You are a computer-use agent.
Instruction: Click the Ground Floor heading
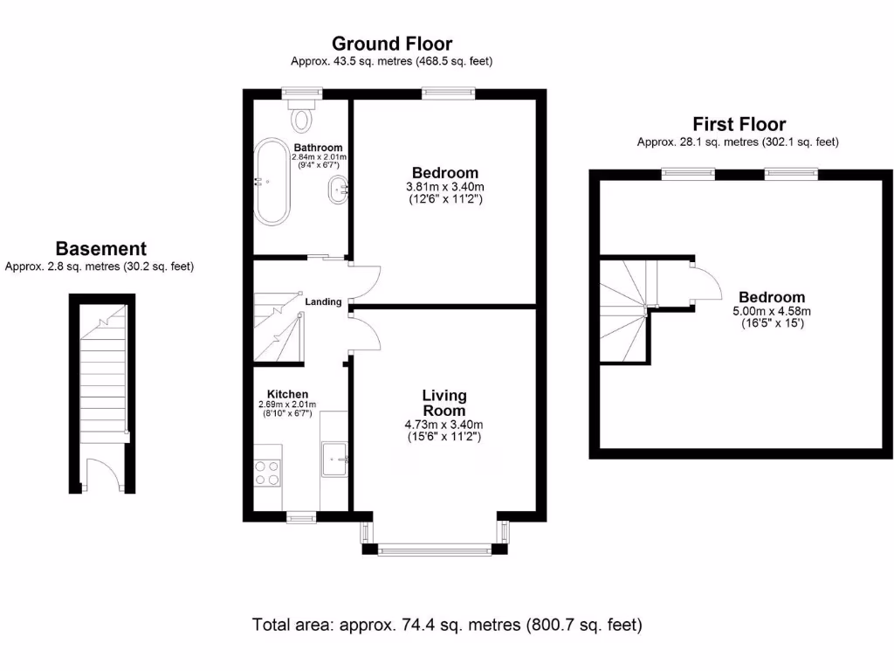point(392,44)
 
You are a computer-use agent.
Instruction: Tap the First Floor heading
point(739,124)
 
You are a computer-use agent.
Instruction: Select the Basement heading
point(100,249)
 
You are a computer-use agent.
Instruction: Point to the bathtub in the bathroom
point(269,181)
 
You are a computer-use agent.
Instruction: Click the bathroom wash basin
point(339,190)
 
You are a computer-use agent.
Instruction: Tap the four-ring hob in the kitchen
point(267,472)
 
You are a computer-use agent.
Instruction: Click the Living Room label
point(444,403)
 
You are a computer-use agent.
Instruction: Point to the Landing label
point(323,301)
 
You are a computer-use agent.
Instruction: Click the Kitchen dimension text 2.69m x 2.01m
point(287,405)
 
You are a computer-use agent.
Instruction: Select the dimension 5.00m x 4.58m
point(771,311)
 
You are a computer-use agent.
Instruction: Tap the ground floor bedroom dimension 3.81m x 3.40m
point(444,186)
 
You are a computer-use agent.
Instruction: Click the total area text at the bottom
point(447,625)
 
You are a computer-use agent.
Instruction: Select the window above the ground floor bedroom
point(449,91)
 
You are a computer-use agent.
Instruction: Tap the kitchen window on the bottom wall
point(301,517)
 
